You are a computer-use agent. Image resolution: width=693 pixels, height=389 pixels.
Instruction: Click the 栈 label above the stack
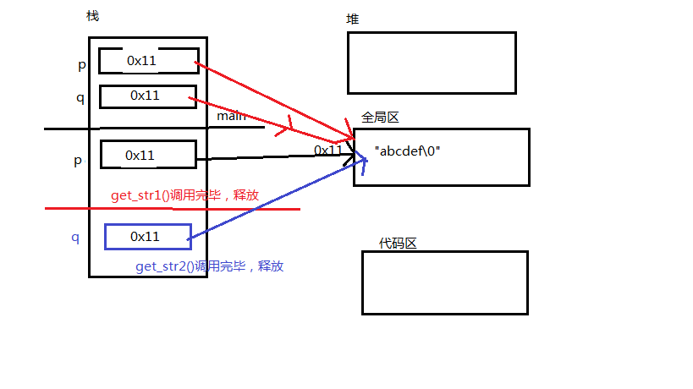(92, 17)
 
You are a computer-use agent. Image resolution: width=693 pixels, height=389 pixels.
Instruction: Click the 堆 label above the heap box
(353, 19)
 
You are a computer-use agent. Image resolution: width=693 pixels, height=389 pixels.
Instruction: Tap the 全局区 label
(380, 118)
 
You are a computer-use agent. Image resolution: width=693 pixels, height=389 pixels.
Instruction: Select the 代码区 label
(399, 244)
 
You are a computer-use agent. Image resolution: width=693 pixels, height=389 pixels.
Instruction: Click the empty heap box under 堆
(431, 63)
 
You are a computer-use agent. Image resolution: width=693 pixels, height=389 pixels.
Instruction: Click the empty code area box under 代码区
(444, 282)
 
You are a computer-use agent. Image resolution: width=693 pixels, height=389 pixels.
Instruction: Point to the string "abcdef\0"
(408, 151)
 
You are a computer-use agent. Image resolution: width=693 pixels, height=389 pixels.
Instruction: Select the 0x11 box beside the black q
(147, 96)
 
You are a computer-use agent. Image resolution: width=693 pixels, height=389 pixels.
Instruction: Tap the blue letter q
(74, 238)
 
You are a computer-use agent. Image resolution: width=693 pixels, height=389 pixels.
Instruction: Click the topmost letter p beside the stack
(81, 65)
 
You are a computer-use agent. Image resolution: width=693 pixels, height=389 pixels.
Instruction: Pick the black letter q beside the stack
(80, 97)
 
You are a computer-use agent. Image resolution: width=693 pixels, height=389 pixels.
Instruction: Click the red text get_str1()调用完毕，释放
(184, 195)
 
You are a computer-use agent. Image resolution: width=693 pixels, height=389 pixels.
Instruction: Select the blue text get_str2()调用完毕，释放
(209, 266)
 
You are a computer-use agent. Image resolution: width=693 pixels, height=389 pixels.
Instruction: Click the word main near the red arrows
(231, 116)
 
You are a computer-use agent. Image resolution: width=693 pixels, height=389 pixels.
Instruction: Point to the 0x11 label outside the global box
(328, 150)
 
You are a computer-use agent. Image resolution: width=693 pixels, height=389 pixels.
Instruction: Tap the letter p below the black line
(78, 160)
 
